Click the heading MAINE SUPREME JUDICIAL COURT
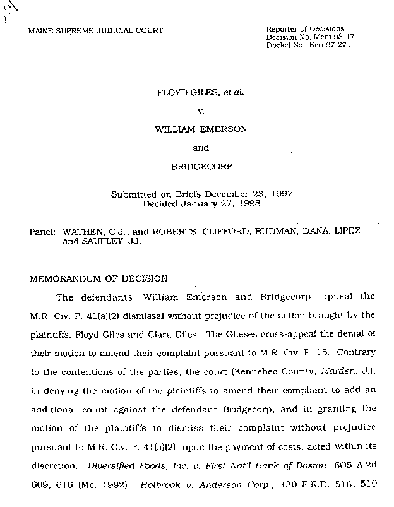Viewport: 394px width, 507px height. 95,30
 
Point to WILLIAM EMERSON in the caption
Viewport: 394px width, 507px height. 200,129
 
